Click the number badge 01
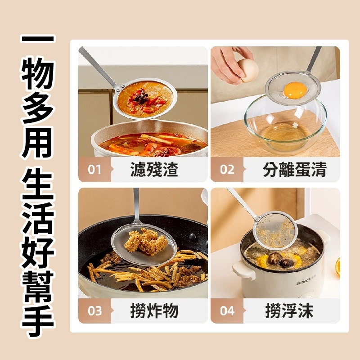[94, 170]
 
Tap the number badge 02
[227, 170]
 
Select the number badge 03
[94, 311]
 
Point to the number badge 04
[227, 311]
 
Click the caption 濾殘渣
[154, 170]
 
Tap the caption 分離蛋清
[295, 170]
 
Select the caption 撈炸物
[154, 311]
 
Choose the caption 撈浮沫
[289, 311]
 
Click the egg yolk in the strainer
[295, 90]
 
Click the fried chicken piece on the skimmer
[146, 241]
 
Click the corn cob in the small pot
[262, 261]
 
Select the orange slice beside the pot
[337, 267]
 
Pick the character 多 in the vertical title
[38, 108]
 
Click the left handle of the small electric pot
[243, 270]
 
